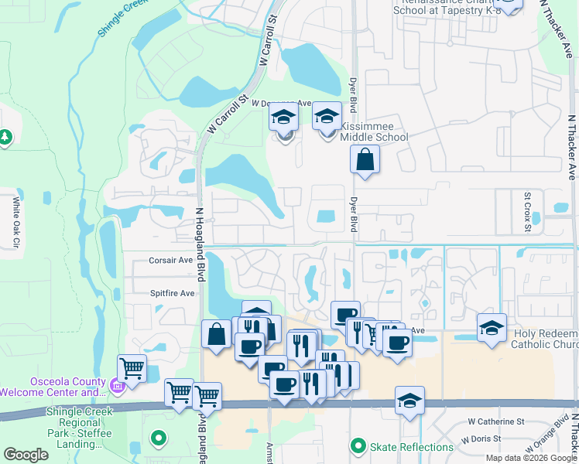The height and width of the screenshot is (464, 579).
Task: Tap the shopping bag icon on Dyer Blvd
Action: click(365, 161)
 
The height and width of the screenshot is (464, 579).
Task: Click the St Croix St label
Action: click(527, 211)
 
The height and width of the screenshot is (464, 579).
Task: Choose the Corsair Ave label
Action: click(172, 261)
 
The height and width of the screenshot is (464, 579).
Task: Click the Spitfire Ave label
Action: click(172, 293)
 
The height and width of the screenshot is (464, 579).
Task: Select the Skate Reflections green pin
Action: click(358, 446)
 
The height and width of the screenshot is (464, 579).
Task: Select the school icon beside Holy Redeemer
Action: click(492, 328)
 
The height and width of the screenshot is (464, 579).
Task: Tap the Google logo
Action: click(26, 455)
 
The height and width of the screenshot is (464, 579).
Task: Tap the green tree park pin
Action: click(5, 136)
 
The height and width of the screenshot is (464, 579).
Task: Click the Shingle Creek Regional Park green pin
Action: click(159, 438)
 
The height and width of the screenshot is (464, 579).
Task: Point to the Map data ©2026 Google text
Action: click(530, 458)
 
